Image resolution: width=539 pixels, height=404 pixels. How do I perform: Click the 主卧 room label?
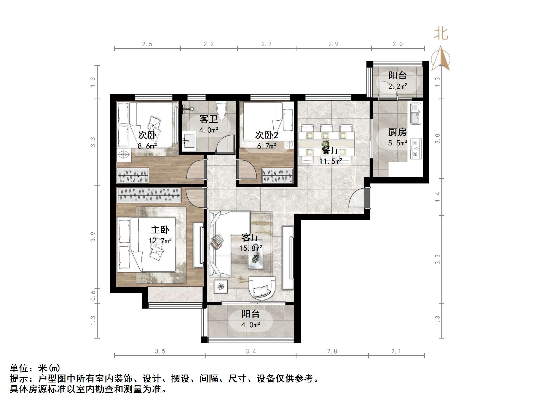160,230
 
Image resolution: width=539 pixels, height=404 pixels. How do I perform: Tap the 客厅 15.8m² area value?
251,248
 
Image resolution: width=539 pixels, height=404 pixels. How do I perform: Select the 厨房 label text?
397,132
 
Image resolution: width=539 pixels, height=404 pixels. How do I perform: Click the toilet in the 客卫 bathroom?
221,110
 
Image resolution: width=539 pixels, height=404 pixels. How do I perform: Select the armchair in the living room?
262,288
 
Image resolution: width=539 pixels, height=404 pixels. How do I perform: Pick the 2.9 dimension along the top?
333,44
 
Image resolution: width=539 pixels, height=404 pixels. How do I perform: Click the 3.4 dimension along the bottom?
251,351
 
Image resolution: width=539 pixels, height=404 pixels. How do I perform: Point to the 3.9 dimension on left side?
93,237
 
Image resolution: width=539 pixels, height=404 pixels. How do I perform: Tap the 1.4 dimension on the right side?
437,197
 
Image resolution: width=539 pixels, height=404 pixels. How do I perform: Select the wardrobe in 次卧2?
278,176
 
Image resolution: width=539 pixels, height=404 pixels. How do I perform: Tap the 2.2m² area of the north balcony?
398,86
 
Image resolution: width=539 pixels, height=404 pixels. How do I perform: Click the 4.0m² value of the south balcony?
251,325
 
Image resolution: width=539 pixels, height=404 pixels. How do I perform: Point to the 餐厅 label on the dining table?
330,151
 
